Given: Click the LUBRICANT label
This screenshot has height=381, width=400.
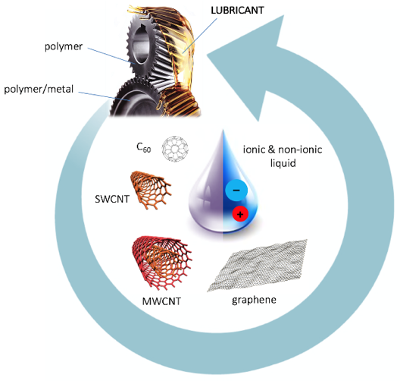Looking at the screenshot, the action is click(237, 11).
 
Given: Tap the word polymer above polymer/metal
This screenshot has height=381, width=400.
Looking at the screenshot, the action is click(64, 47).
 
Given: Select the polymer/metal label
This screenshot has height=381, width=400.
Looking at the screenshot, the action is click(39, 90).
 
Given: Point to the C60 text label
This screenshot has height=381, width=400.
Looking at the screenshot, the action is click(144, 147).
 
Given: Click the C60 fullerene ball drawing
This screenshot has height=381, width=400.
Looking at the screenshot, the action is click(175, 149).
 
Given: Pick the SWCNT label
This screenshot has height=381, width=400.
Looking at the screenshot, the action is click(112, 199).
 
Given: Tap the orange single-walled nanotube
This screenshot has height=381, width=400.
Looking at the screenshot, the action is click(151, 190).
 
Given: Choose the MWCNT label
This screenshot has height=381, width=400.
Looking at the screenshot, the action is click(161, 301).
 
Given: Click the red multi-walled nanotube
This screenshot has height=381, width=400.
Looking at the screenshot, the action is click(161, 263).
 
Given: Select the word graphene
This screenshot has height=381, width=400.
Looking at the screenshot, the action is click(254, 300).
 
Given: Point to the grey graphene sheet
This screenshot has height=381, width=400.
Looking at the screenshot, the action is click(257, 266).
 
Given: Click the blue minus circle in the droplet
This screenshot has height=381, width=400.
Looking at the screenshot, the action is click(236, 190).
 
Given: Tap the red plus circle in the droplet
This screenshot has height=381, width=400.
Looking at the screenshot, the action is click(240, 214).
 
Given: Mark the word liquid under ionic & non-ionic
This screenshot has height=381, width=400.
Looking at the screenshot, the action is click(283, 163).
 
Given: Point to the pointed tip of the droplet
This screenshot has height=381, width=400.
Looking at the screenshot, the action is click(223, 131).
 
